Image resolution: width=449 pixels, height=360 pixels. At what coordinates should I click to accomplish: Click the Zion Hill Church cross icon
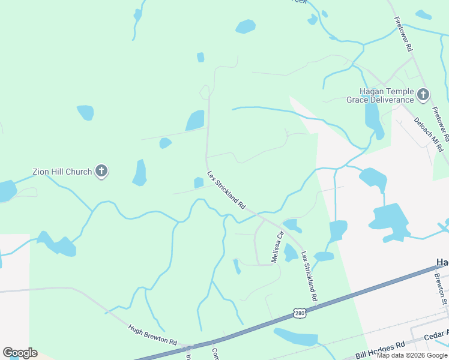tap(101, 172)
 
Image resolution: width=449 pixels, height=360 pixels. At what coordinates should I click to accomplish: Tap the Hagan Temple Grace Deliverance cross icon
tap(423, 94)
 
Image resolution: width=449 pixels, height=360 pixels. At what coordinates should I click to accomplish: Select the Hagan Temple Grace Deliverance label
tap(380, 95)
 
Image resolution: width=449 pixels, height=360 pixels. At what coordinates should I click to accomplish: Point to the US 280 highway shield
tap(300, 313)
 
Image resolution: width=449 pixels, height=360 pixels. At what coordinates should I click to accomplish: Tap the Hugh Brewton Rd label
tap(152, 335)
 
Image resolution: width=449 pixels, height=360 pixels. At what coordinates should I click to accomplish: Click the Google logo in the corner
tap(20, 352)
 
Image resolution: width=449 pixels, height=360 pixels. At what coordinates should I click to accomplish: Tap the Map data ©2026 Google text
tap(412, 355)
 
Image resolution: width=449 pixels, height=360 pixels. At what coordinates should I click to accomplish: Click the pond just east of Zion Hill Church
tap(140, 173)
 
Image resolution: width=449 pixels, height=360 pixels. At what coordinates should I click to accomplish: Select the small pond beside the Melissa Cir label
tap(290, 253)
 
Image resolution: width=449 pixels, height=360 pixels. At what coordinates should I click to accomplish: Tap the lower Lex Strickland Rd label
tap(309, 276)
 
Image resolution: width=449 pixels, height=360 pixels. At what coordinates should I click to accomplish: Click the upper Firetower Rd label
tap(403, 32)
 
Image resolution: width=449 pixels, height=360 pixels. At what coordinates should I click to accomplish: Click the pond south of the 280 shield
tap(296, 337)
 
